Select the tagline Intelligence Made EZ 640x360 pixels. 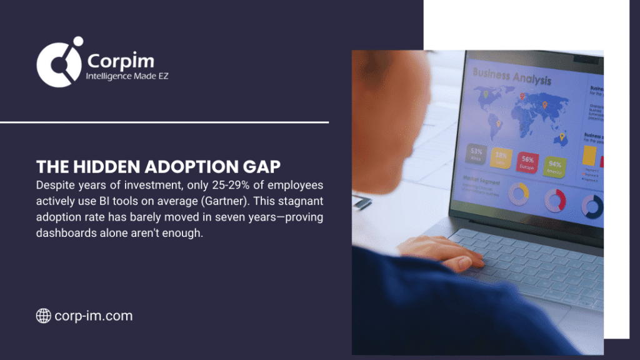click(126, 76)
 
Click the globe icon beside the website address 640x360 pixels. click(43, 316)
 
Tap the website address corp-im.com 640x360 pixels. click(93, 316)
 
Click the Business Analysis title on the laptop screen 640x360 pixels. click(512, 77)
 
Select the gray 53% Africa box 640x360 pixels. click(476, 154)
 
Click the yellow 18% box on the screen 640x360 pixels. click(501, 157)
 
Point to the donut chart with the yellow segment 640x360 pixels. click(519, 194)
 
